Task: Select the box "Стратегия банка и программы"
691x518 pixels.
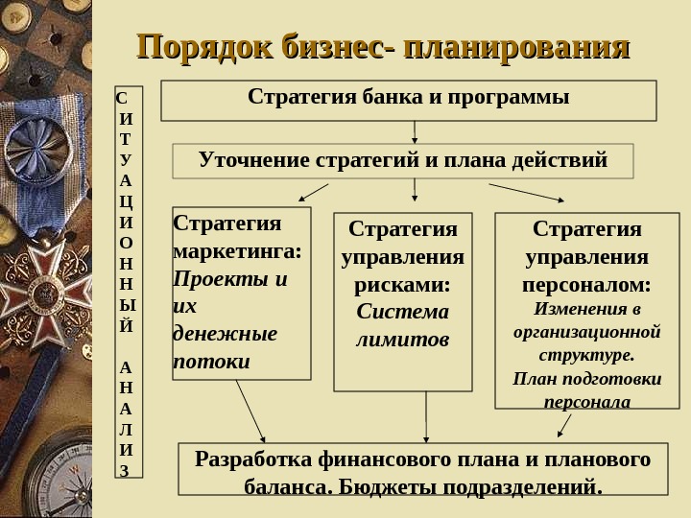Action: [408, 100]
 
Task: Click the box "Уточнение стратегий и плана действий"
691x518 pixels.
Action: [403, 160]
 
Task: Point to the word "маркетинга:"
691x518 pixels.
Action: [236, 252]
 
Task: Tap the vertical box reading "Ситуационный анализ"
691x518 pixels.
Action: [128, 283]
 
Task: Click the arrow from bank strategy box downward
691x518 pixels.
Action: [415, 131]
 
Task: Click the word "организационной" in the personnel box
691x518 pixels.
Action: [585, 332]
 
